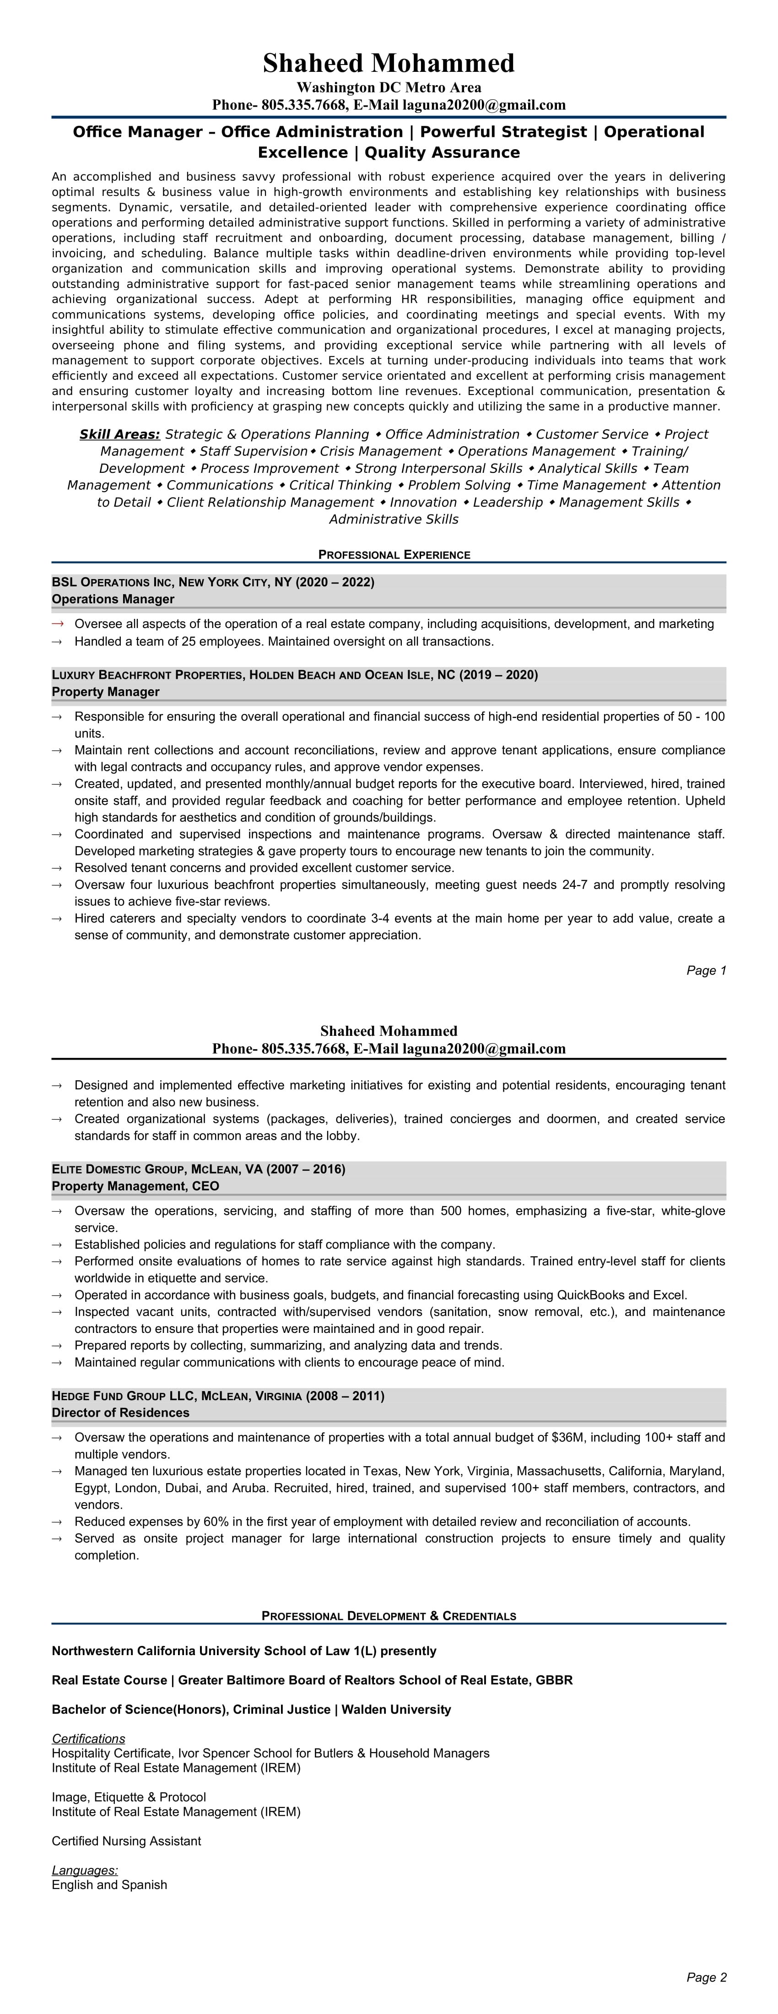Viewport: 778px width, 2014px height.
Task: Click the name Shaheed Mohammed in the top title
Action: [x=389, y=63]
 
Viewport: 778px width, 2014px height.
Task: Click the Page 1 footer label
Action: [x=706, y=970]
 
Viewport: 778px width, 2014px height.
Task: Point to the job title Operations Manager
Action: [x=113, y=599]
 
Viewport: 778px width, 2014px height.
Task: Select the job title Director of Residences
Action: [x=120, y=1413]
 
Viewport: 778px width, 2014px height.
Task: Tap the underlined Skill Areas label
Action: [x=119, y=434]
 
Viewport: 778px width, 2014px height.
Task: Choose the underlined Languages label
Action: [x=85, y=1870]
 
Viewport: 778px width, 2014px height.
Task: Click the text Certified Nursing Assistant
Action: [x=126, y=1841]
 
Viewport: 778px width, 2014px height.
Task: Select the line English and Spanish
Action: [x=109, y=1885]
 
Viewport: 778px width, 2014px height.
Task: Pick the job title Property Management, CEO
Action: [x=135, y=1186]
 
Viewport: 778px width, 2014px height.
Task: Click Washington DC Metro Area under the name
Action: [x=389, y=87]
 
